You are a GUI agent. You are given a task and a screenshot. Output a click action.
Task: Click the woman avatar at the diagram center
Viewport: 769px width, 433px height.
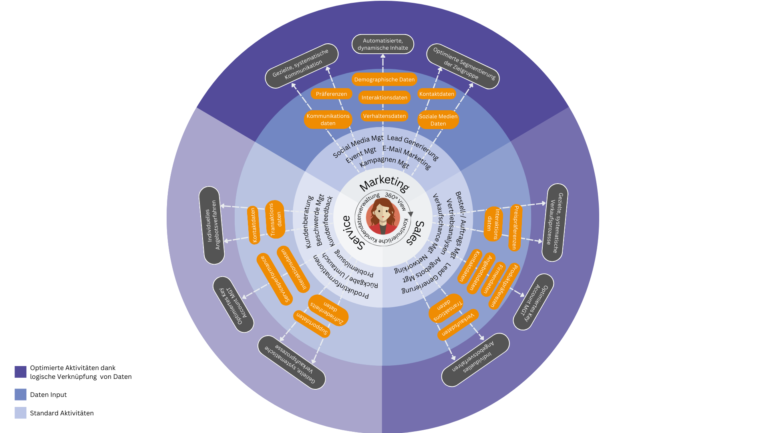[x=383, y=216]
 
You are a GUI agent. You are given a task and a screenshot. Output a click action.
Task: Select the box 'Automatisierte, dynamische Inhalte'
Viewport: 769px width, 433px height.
[x=383, y=44]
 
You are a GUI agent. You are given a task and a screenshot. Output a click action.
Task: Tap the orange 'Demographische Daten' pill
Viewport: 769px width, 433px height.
[x=384, y=79]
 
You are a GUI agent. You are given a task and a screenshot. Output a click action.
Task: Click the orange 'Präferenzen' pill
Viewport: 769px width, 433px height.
[x=331, y=94]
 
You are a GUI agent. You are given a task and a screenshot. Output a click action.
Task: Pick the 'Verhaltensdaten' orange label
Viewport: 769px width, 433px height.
[x=384, y=116]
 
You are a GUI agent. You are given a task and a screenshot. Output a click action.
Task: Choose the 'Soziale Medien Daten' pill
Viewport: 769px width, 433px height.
[x=438, y=120]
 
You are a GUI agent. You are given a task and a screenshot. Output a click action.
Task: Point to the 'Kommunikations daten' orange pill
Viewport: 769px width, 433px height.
[x=328, y=119]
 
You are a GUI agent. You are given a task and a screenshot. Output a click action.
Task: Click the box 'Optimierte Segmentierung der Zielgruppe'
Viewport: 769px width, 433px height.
[x=463, y=66]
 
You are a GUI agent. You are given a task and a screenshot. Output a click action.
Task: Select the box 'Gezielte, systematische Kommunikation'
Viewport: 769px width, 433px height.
[x=301, y=66]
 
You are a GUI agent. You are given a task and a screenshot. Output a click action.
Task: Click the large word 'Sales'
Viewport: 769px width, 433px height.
[x=416, y=233]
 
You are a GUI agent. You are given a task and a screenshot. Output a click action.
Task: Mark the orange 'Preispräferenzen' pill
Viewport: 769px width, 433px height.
[x=515, y=228]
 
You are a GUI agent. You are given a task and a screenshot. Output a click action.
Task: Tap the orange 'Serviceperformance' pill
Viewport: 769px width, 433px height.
[x=275, y=279]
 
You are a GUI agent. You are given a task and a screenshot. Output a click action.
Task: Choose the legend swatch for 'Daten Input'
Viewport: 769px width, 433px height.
[x=20, y=395]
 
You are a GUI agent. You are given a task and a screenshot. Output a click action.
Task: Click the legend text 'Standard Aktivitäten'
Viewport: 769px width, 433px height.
[x=62, y=413]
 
